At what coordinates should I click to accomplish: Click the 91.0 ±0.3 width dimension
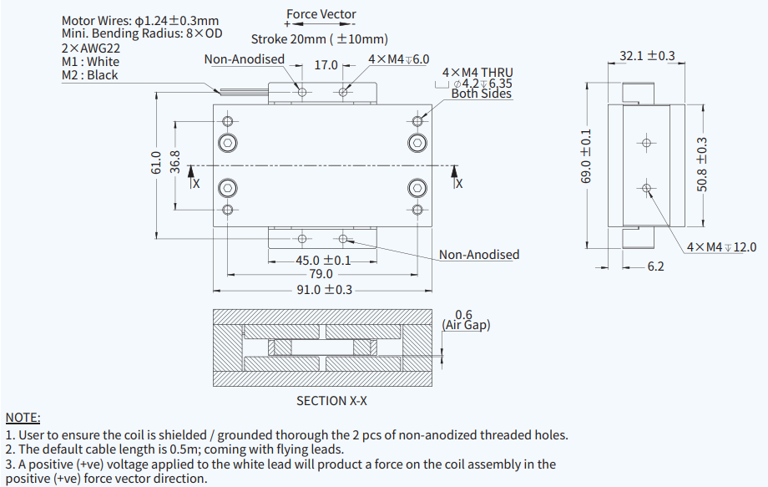pos(326,290)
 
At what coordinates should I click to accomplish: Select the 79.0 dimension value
pos(321,274)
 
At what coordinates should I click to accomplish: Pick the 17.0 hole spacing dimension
pos(326,65)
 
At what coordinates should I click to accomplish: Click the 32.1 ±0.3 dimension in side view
pos(647,56)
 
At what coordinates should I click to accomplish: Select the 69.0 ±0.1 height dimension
pos(586,157)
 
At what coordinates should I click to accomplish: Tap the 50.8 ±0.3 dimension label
pos(702,165)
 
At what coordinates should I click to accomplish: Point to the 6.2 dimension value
pos(655,267)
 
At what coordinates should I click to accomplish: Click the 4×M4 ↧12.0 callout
pos(721,247)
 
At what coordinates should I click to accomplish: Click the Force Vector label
pos(321,14)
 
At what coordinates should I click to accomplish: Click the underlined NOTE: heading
pos(23,417)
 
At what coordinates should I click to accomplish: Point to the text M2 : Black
pos(90,75)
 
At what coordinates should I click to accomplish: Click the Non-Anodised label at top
pos(244,59)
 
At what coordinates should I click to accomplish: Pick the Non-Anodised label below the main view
pos(479,255)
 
